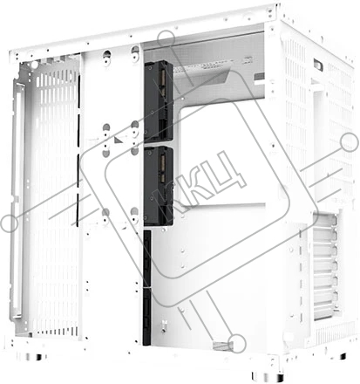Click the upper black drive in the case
coord(159,101)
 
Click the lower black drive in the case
coord(159,187)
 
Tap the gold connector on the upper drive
coord(163,80)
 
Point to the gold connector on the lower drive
coord(163,168)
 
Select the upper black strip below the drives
coord(147,258)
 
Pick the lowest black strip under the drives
coord(146,317)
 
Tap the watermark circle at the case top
coord(166,39)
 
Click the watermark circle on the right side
coord(349,143)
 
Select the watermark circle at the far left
coord(10,223)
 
